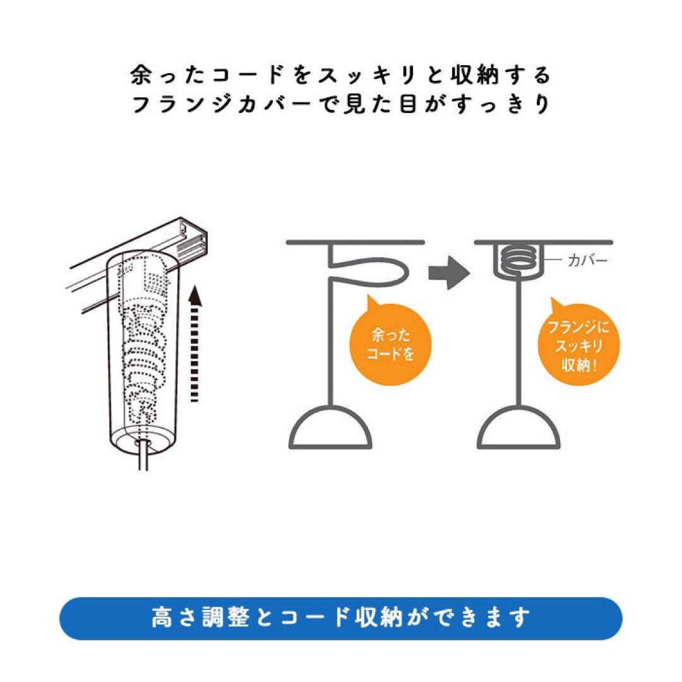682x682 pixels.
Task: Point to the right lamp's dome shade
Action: click(x=518, y=426)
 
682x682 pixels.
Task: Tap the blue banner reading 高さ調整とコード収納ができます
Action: click(x=341, y=618)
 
